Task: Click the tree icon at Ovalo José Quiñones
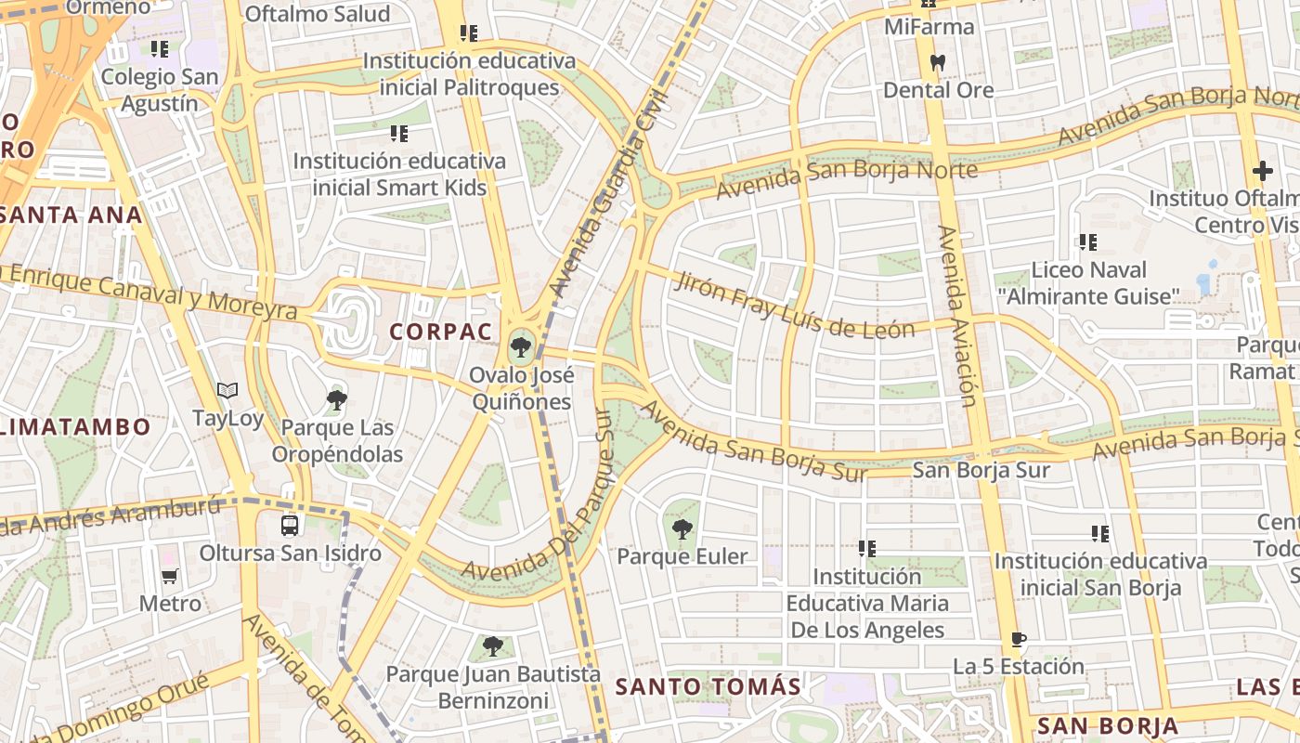click(520, 348)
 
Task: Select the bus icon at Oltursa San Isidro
click(290, 526)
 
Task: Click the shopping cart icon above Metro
click(169, 576)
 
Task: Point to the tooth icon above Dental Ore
click(937, 63)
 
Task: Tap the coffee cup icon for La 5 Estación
click(1018, 639)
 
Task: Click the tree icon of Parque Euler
click(682, 529)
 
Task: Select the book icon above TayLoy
click(227, 391)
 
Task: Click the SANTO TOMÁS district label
click(708, 687)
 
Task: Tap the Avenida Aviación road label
click(957, 316)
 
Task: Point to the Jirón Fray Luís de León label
click(795, 303)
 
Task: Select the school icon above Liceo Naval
click(1087, 242)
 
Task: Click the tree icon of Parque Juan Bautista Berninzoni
click(492, 646)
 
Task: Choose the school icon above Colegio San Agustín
click(159, 48)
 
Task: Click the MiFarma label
click(929, 27)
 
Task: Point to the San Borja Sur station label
click(981, 470)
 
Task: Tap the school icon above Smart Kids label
click(399, 134)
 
